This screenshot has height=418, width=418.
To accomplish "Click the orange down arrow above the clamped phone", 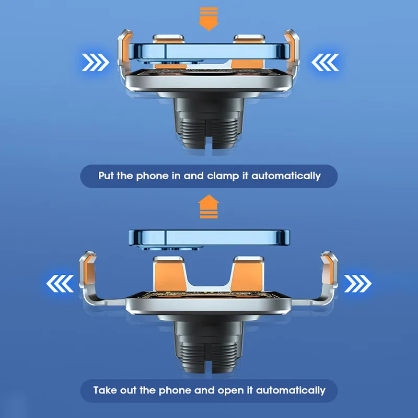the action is (208, 19).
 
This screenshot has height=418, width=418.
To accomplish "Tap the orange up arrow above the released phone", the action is (208, 206).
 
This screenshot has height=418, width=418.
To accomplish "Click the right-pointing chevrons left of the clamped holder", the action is (96, 62).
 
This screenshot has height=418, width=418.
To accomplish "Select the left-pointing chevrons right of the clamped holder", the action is (325, 62).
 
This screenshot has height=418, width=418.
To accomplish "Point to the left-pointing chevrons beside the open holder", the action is (60, 284).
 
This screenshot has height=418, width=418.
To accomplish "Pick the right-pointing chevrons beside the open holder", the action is (358, 284).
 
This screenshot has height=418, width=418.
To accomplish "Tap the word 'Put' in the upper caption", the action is (107, 176).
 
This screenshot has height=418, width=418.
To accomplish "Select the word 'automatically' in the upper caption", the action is (286, 176).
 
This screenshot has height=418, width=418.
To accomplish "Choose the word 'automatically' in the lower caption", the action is (291, 391).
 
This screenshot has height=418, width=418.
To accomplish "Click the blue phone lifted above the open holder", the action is (210, 239).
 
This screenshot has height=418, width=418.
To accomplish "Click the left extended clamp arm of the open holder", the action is (96, 283).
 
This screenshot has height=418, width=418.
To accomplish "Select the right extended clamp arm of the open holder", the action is (322, 283).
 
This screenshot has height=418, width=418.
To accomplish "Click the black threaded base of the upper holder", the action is (208, 123).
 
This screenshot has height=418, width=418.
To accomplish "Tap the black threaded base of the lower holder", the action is (208, 346).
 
